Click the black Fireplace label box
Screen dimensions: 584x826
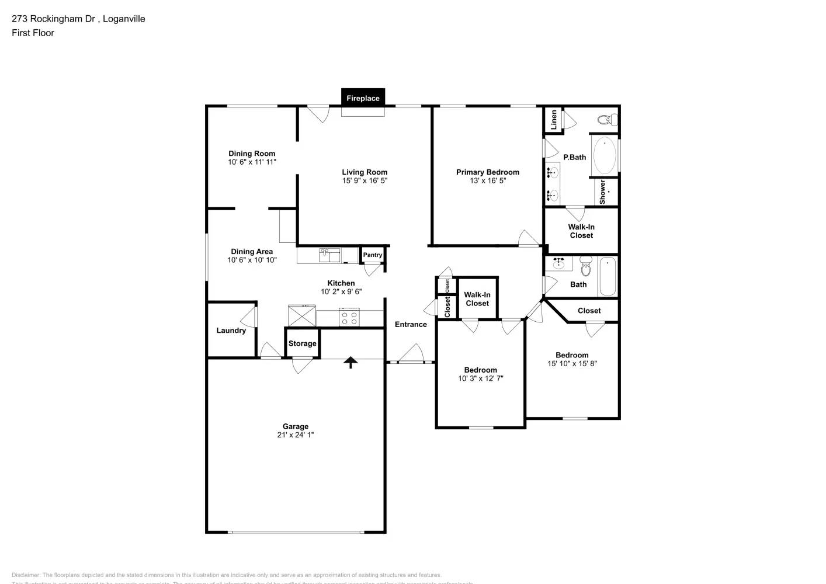point(363,98)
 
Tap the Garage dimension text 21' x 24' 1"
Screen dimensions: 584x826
point(296,435)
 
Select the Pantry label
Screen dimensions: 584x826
point(372,255)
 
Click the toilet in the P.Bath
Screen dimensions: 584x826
point(608,120)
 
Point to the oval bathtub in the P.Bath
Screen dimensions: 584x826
point(604,155)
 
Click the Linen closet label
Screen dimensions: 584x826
point(553,120)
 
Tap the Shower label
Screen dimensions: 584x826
point(602,192)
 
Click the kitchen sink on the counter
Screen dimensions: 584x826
point(329,255)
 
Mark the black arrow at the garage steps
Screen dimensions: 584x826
point(350,363)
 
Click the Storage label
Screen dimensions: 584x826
point(302,343)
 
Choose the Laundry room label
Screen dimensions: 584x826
point(231,331)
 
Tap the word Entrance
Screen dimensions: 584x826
point(411,325)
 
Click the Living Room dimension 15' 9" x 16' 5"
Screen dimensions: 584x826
point(365,181)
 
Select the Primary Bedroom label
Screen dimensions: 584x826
point(487,172)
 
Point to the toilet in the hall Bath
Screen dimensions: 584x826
point(586,267)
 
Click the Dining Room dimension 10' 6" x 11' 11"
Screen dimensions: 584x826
point(252,162)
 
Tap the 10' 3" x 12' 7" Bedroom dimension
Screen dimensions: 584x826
point(480,378)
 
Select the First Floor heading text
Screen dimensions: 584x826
point(33,33)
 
